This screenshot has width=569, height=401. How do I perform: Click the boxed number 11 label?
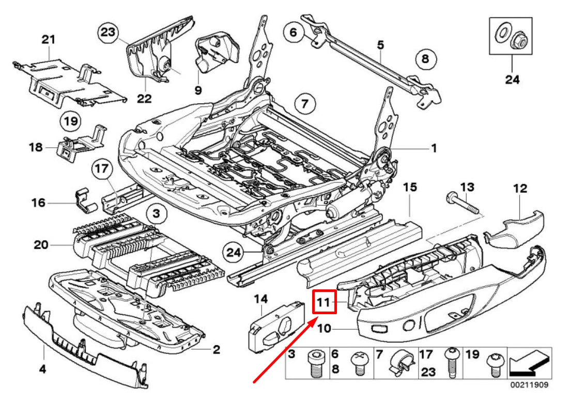325,302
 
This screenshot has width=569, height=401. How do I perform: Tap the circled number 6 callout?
293,34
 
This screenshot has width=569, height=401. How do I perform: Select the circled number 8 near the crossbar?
425,59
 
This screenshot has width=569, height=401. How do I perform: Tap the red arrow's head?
310,321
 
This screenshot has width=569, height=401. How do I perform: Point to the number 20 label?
41,244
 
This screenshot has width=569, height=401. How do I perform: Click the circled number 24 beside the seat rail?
234,252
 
